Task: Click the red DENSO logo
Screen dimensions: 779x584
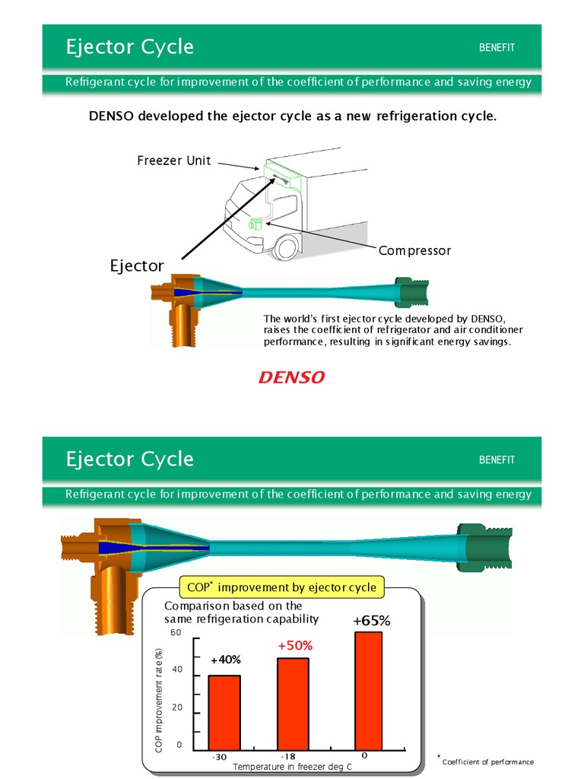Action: (x=291, y=377)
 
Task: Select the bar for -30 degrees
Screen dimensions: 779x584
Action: (x=224, y=712)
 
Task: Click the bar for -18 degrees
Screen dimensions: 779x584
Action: (x=293, y=704)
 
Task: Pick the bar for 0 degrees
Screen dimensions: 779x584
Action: (x=368, y=691)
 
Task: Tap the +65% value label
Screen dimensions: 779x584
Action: (x=371, y=621)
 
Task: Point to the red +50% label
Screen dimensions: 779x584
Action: (x=295, y=645)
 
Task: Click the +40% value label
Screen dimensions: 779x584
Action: (x=225, y=660)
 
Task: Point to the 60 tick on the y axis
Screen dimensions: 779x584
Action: (x=176, y=633)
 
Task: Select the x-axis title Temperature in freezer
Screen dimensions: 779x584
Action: (x=292, y=767)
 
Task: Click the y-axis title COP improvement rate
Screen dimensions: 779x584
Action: (x=159, y=700)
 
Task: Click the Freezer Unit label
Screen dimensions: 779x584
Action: (x=174, y=161)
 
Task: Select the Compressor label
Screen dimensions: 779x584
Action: (x=414, y=251)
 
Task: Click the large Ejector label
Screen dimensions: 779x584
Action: (x=137, y=265)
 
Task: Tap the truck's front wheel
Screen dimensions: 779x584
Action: (x=287, y=246)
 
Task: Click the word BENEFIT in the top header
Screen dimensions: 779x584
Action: (x=497, y=47)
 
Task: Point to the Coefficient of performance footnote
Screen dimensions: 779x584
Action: (x=487, y=762)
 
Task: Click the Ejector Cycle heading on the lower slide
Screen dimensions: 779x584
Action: (x=129, y=459)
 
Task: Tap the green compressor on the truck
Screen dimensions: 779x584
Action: (x=255, y=223)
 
